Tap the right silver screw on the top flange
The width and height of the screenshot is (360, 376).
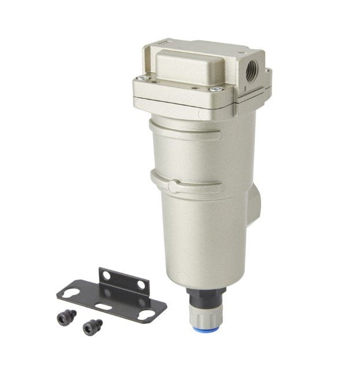pyautogui.click(x=215, y=89)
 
